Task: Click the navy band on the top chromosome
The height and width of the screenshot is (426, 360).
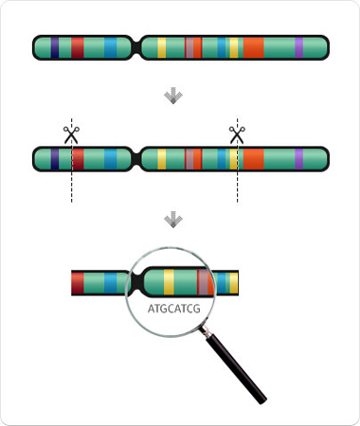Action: pyautogui.click(x=55, y=47)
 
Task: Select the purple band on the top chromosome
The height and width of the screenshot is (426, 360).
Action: pyautogui.click(x=299, y=47)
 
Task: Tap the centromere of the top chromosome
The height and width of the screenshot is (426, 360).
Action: pyautogui.click(x=136, y=47)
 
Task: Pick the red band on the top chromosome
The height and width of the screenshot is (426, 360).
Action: pyautogui.click(x=78, y=47)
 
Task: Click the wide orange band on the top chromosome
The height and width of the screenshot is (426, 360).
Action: pyautogui.click(x=253, y=47)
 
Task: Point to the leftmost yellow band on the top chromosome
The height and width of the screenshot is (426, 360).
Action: pyautogui.click(x=162, y=47)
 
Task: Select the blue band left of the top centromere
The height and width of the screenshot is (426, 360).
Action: pyautogui.click(x=111, y=47)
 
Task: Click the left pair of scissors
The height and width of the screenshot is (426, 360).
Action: pyautogui.click(x=71, y=134)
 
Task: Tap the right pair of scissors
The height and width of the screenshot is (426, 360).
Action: pyautogui.click(x=237, y=134)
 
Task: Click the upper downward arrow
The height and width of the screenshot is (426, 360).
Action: pyautogui.click(x=173, y=97)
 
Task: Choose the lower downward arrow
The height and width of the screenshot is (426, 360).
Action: pyautogui.click(x=173, y=220)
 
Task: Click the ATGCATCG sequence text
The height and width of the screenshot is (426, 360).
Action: pyautogui.click(x=174, y=309)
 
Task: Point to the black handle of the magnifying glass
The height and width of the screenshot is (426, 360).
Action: pyautogui.click(x=238, y=368)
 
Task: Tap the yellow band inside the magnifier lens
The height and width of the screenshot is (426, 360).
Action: pyautogui.click(x=169, y=281)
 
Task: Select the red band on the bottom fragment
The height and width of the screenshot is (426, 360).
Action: pyautogui.click(x=78, y=283)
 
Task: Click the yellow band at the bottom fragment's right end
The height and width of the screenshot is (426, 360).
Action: pyautogui.click(x=234, y=283)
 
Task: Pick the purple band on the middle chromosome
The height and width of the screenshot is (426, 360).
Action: pyautogui.click(x=299, y=159)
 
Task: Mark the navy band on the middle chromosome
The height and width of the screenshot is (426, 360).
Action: pyautogui.click(x=55, y=159)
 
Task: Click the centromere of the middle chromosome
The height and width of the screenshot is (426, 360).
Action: pyautogui.click(x=136, y=159)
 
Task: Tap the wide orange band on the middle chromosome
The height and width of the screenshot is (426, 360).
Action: pyautogui.click(x=253, y=159)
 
